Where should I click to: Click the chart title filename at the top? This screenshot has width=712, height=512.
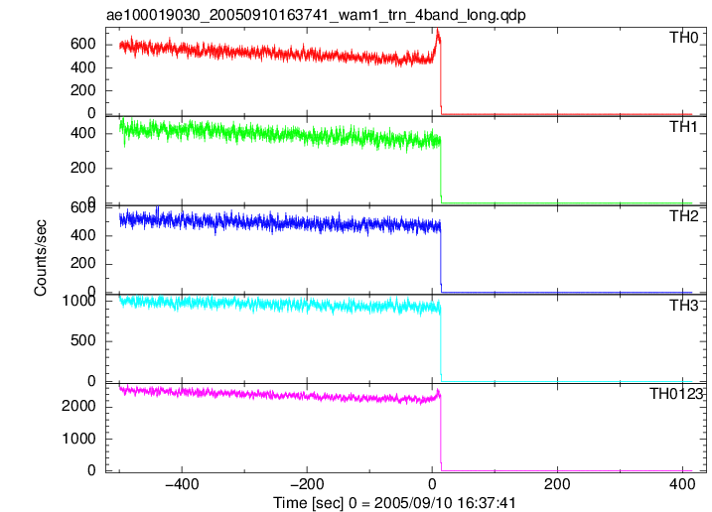[x=316, y=15]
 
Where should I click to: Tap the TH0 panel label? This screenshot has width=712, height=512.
[x=684, y=38]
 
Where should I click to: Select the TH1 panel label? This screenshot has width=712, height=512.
[x=684, y=127]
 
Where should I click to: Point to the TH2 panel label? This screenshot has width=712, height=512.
[x=684, y=216]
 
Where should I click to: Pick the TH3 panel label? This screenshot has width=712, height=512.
[x=684, y=306]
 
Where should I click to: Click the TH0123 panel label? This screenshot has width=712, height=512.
[x=676, y=394]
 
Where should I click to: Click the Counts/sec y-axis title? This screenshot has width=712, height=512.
[x=41, y=258]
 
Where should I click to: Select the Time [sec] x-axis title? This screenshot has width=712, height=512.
[x=394, y=503]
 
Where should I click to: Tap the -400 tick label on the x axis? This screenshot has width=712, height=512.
[x=182, y=484]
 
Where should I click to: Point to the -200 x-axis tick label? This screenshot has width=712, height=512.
[x=307, y=484]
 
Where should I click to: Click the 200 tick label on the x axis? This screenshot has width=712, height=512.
[x=557, y=484]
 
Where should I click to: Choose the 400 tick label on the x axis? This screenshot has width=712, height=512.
[x=682, y=484]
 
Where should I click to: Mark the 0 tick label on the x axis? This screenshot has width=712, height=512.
[x=432, y=484]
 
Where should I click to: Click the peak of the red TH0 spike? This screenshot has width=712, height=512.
[x=437, y=29]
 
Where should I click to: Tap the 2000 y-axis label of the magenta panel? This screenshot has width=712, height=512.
[x=79, y=406]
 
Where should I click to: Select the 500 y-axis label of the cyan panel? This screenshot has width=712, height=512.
[x=83, y=340]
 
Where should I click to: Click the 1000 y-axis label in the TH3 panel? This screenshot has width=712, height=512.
[x=79, y=301]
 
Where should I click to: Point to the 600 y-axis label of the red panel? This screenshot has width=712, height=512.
[x=83, y=44]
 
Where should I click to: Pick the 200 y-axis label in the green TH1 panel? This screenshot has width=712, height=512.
[x=83, y=168]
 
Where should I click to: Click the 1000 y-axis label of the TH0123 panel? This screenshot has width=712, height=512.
[x=79, y=439]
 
